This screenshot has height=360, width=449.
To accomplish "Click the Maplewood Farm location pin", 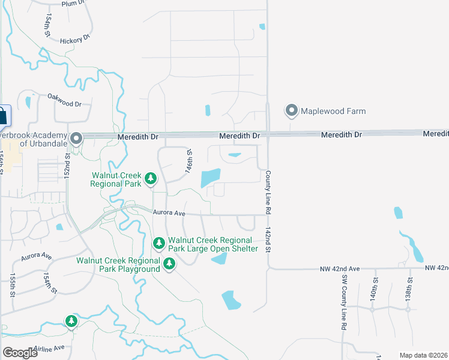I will tap(292, 110).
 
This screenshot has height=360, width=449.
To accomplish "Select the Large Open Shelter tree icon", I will tap(159, 243).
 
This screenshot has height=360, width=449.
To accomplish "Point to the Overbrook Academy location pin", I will tap(76, 138).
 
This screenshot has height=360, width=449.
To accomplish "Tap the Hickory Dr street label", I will tap(74, 40).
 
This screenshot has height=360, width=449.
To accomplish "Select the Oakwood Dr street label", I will tap(64, 100).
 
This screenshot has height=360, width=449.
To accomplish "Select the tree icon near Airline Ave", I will tap(71, 322).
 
